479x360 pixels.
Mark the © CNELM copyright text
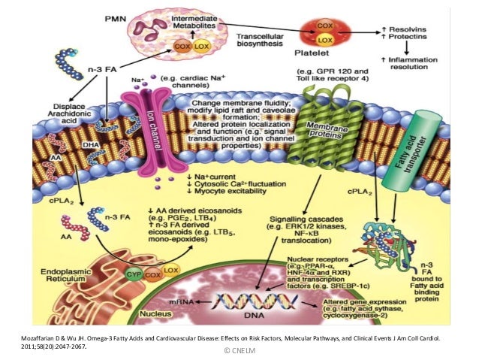click(x=239, y=350)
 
